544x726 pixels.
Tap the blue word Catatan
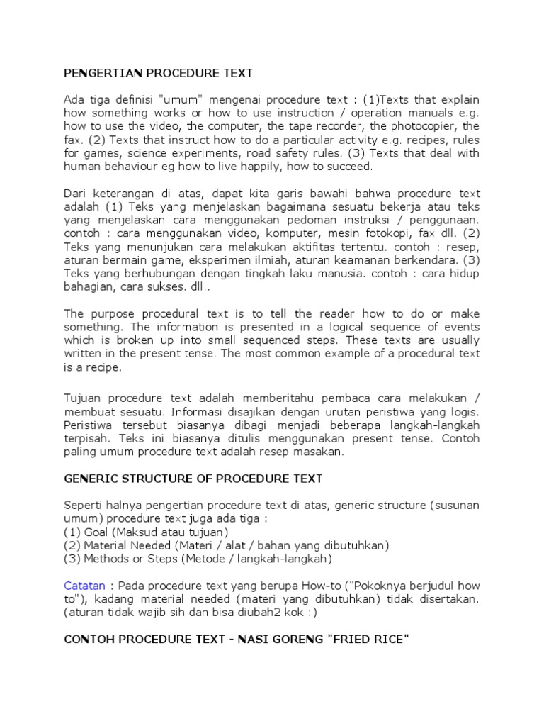point(84,586)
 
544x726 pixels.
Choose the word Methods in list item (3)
point(105,559)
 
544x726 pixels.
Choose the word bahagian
point(89,287)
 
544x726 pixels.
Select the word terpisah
point(86,438)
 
